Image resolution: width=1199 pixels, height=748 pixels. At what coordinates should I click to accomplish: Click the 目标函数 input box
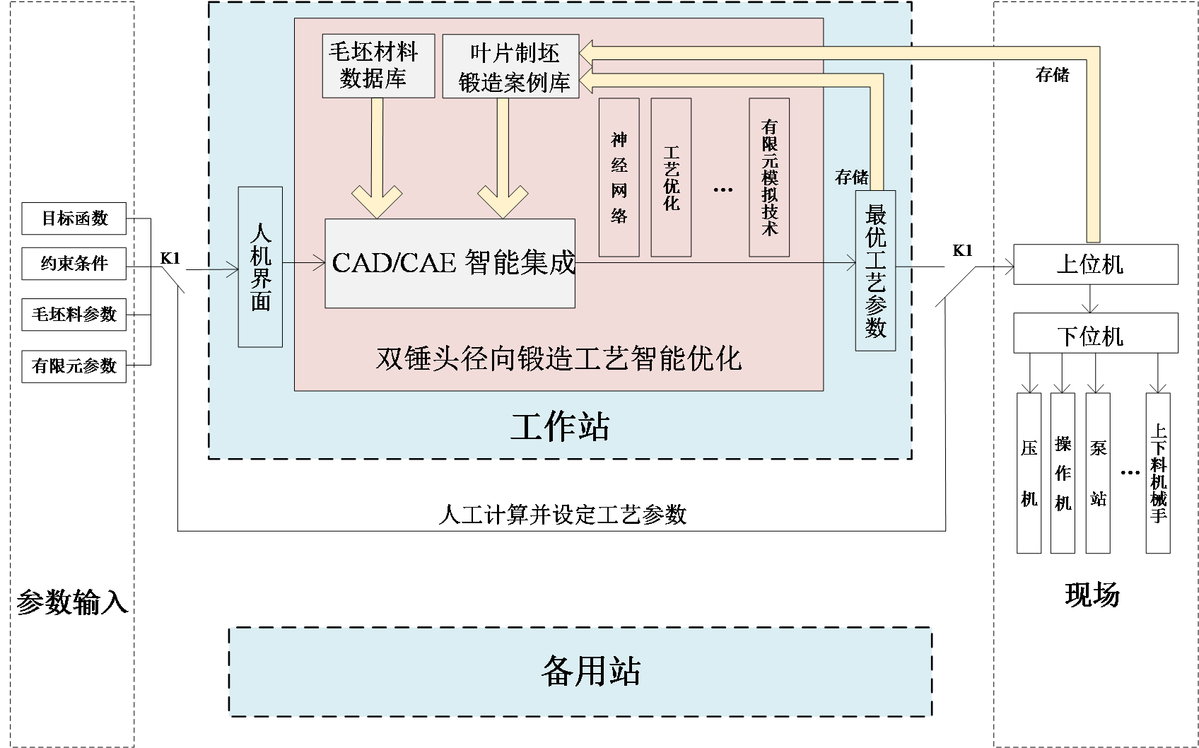pyautogui.click(x=74, y=218)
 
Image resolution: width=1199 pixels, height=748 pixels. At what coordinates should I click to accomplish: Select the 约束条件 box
pyautogui.click(x=74, y=264)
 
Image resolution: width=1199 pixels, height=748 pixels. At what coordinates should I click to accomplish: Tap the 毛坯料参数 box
pyautogui.click(x=74, y=315)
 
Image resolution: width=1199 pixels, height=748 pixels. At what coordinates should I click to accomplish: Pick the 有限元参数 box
pyautogui.click(x=74, y=366)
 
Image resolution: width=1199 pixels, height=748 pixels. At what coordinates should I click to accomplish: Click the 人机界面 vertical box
pyautogui.click(x=260, y=267)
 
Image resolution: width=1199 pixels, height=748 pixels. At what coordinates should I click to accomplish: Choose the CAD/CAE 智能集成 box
pyautogui.click(x=450, y=264)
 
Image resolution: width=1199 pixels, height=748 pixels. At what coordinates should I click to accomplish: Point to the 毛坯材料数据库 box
pyautogui.click(x=378, y=66)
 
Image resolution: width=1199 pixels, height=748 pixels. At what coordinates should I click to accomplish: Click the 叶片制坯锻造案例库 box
pyautogui.click(x=510, y=66)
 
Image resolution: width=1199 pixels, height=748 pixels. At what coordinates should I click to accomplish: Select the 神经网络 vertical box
pyautogui.click(x=619, y=177)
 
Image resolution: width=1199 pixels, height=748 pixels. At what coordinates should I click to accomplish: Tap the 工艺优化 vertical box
pyautogui.click(x=671, y=177)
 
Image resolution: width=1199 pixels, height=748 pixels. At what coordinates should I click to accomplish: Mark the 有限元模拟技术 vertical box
pyautogui.click(x=769, y=177)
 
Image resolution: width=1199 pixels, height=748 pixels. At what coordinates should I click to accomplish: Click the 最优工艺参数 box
pyautogui.click(x=875, y=271)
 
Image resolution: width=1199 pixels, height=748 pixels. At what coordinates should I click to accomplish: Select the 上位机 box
pyautogui.click(x=1095, y=264)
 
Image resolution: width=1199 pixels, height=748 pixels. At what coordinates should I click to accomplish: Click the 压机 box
pyautogui.click(x=1029, y=473)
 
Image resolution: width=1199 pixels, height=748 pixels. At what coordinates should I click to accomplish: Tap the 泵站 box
pyautogui.click(x=1098, y=473)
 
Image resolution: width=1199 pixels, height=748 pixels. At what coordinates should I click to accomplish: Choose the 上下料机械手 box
pyautogui.click(x=1158, y=473)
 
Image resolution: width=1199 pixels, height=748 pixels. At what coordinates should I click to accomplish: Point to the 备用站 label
pyautogui.click(x=590, y=671)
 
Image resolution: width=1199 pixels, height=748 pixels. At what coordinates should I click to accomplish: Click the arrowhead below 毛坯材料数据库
pyautogui.click(x=377, y=202)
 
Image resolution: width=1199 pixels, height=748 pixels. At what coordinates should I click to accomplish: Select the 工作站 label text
pyautogui.click(x=560, y=426)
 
